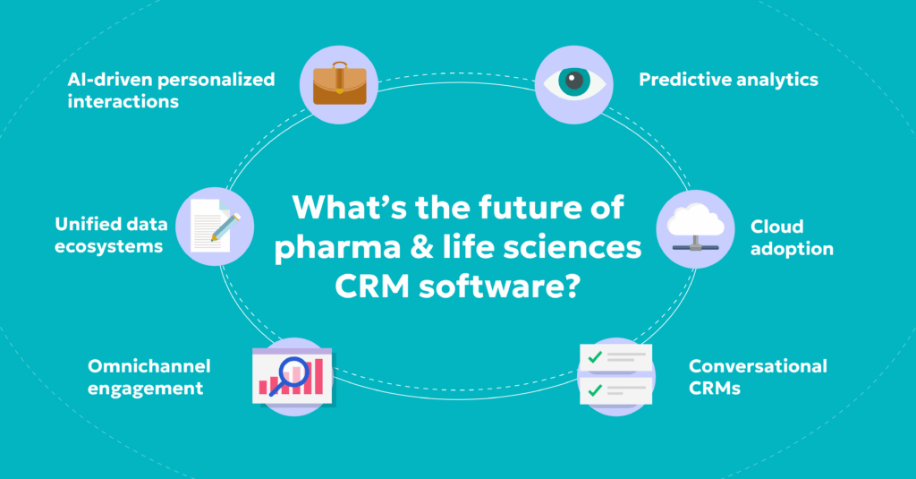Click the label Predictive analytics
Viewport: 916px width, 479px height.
728,80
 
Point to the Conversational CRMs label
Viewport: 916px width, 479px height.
757,377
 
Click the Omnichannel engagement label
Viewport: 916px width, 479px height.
148,376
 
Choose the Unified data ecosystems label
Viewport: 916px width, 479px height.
109,235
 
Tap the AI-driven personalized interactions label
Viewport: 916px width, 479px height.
170,90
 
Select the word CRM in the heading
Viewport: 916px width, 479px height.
367,288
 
